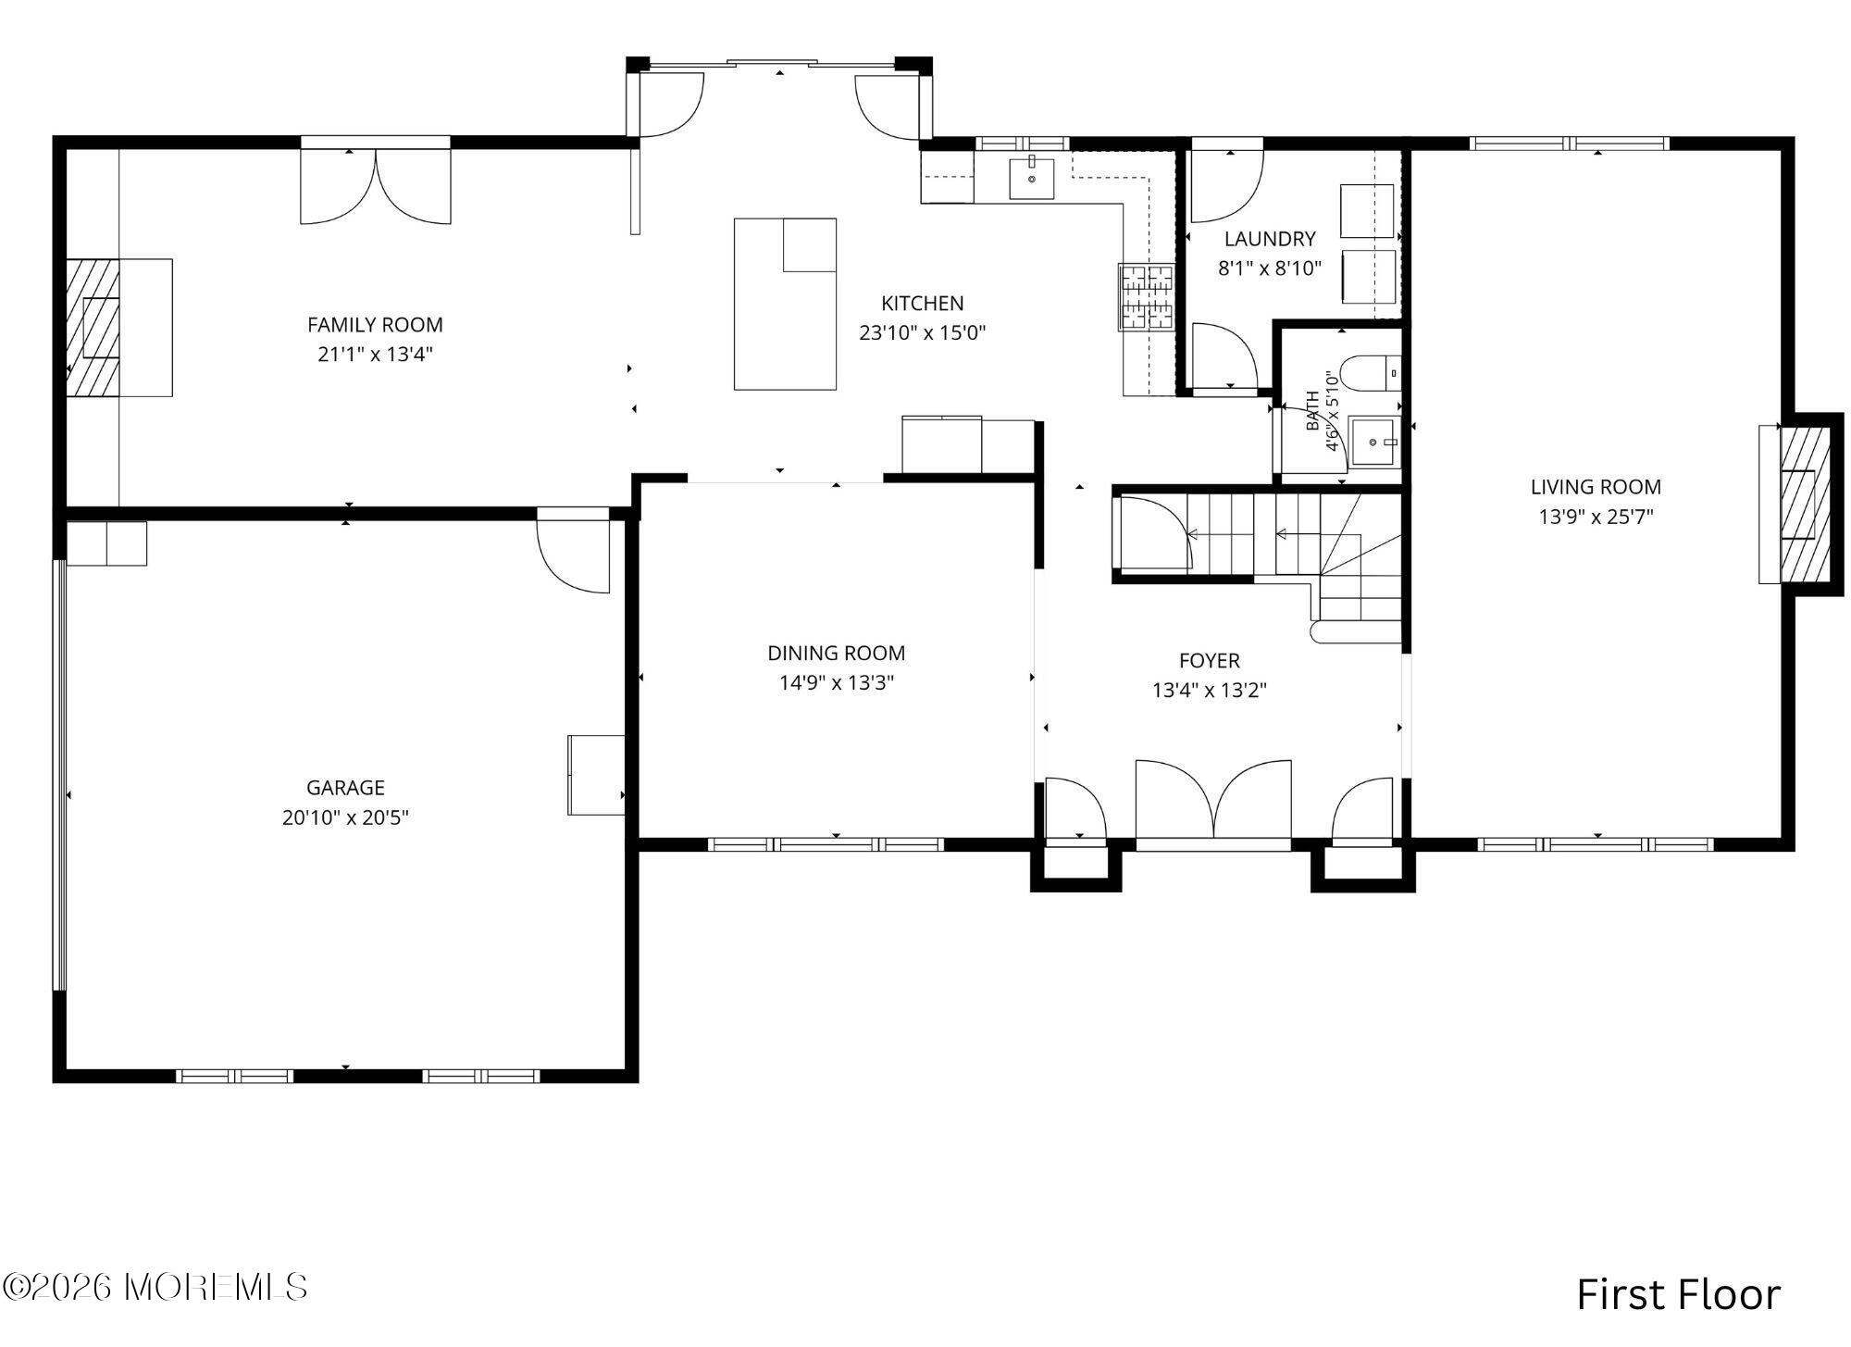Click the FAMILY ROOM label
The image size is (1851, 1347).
tap(375, 325)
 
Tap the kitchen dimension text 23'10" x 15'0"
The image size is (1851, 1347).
tap(923, 333)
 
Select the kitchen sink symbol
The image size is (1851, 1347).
tap(1031, 178)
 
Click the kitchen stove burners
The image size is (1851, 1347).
tap(1147, 297)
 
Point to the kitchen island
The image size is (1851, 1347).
tap(785, 304)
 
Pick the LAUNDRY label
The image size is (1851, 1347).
tap(1270, 239)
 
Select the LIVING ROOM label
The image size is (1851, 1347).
tap(1596, 487)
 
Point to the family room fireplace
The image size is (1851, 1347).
tap(93, 328)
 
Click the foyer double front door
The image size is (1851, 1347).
tap(1213, 803)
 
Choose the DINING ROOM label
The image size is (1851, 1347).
tap(837, 654)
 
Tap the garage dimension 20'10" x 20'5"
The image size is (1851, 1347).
tap(346, 818)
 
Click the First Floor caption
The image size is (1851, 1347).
tap(1678, 1294)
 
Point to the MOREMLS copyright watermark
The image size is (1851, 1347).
tap(155, 1286)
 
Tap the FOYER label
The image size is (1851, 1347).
tap(1210, 661)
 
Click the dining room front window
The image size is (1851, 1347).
tap(826, 844)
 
